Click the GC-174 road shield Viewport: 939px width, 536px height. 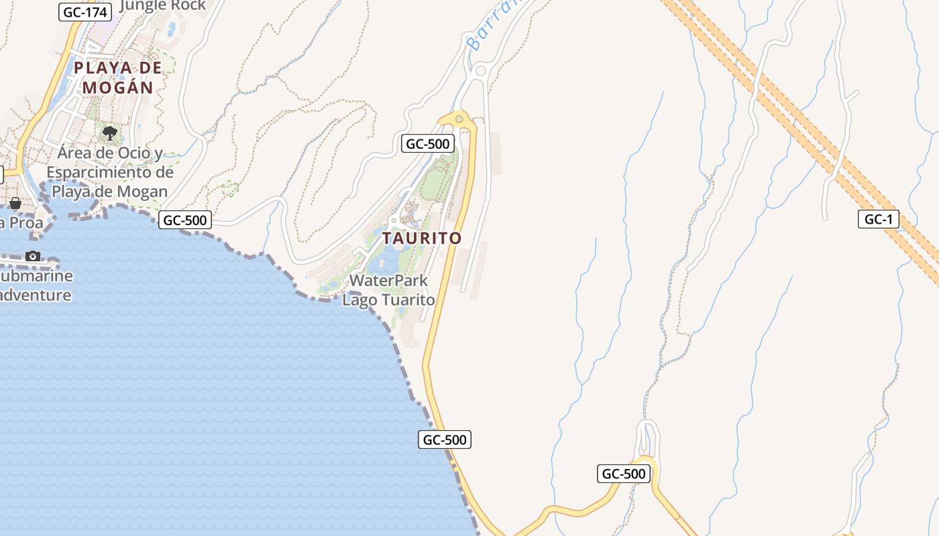85,12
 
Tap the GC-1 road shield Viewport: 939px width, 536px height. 878,219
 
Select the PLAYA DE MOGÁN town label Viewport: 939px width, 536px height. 118,77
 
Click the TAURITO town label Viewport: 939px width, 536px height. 422,239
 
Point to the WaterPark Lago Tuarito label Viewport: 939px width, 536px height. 388,290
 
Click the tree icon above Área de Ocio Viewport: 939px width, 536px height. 110,133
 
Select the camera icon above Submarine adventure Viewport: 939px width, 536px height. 32,256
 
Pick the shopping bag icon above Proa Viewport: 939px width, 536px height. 15,202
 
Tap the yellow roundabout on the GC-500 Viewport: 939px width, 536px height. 459,119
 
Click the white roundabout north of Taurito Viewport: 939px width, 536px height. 480,70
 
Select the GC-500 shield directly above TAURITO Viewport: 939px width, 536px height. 428,143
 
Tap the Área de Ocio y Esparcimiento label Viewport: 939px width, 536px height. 111,172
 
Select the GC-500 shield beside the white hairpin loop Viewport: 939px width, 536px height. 623,474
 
